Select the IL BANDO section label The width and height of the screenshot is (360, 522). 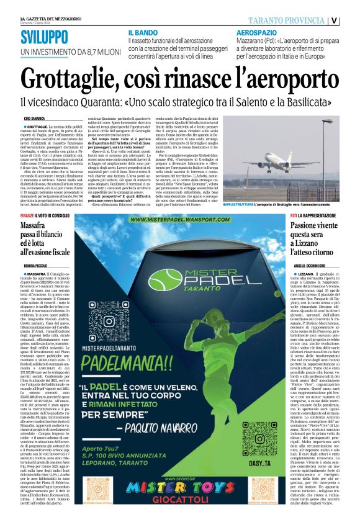pyautogui.click(x=144, y=32)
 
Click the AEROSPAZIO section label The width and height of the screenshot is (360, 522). pyautogui.click(x=258, y=32)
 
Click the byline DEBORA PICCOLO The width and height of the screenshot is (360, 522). pyautogui.click(x=37, y=264)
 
